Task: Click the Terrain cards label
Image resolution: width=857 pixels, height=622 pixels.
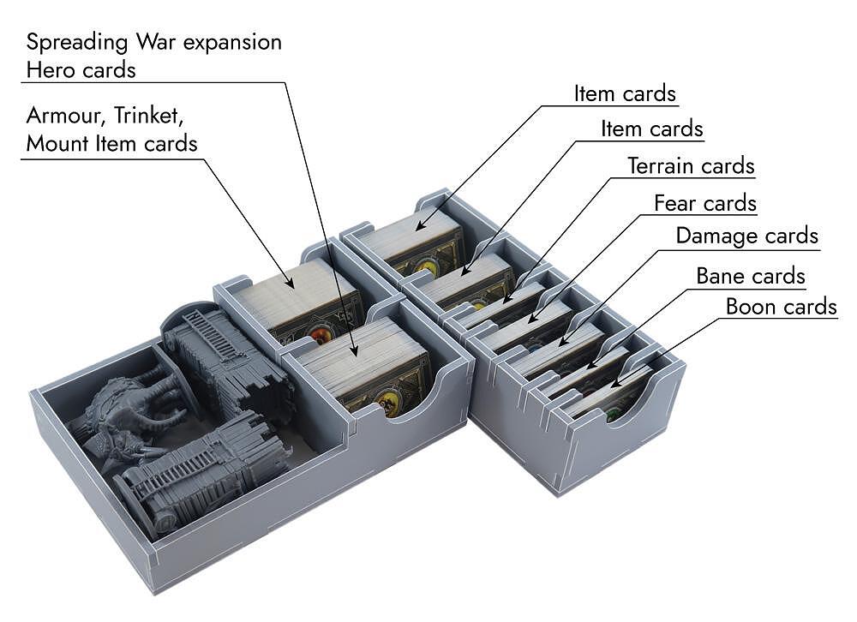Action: (691, 165)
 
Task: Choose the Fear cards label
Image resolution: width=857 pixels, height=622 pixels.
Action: (704, 204)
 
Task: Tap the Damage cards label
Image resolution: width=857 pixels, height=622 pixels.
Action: (746, 236)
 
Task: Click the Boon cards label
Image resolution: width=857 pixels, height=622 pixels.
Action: (781, 307)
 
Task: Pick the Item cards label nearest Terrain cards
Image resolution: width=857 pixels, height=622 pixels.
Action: (651, 129)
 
